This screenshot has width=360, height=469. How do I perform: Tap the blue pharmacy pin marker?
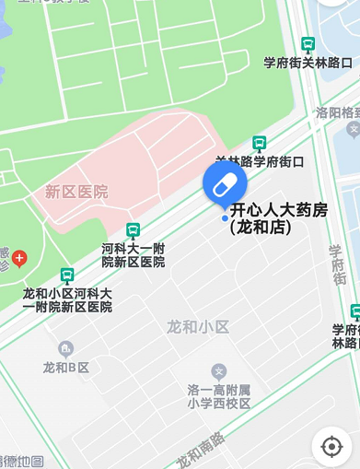[225, 184]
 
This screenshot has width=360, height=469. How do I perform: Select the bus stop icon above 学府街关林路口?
[308, 44]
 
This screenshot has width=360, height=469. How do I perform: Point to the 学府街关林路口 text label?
[308, 63]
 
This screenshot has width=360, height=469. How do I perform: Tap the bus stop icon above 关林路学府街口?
[260, 143]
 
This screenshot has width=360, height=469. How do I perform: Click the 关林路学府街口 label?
[260, 161]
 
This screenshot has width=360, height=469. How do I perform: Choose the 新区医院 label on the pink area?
[76, 192]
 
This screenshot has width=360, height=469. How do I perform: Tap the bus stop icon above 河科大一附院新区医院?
[134, 229]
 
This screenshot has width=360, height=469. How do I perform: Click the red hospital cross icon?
[18, 258]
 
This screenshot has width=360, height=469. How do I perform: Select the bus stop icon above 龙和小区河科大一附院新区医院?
[67, 275]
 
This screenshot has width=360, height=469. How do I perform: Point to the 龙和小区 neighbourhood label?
[197, 326]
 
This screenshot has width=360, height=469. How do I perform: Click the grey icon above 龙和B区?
[65, 349]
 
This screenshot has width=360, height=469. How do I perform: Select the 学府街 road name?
[337, 268]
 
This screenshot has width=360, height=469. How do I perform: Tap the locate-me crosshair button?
[331, 447]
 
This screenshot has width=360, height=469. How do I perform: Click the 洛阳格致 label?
[337, 112]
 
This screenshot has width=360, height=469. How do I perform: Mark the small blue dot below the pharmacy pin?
[225, 218]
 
